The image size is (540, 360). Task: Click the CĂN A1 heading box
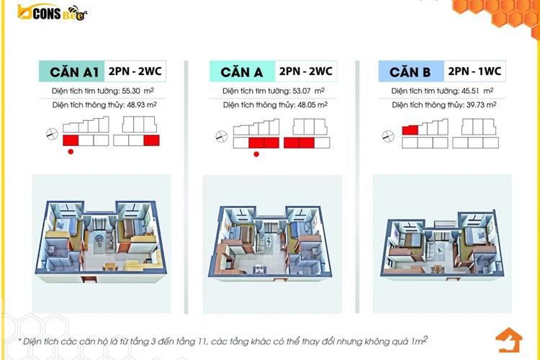coord(69,72)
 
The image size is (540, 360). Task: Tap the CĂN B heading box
coord(410,72)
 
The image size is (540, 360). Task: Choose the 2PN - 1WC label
coord(474,72)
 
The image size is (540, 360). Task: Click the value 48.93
coord(135,105)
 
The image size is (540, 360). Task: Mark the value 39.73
coord(475,105)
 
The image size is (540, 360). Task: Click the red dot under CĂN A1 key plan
coord(70,151)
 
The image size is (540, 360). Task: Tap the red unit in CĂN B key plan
coord(410,130)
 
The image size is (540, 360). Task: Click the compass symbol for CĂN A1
coord(50,133)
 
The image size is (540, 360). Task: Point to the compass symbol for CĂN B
coord(390,134)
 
